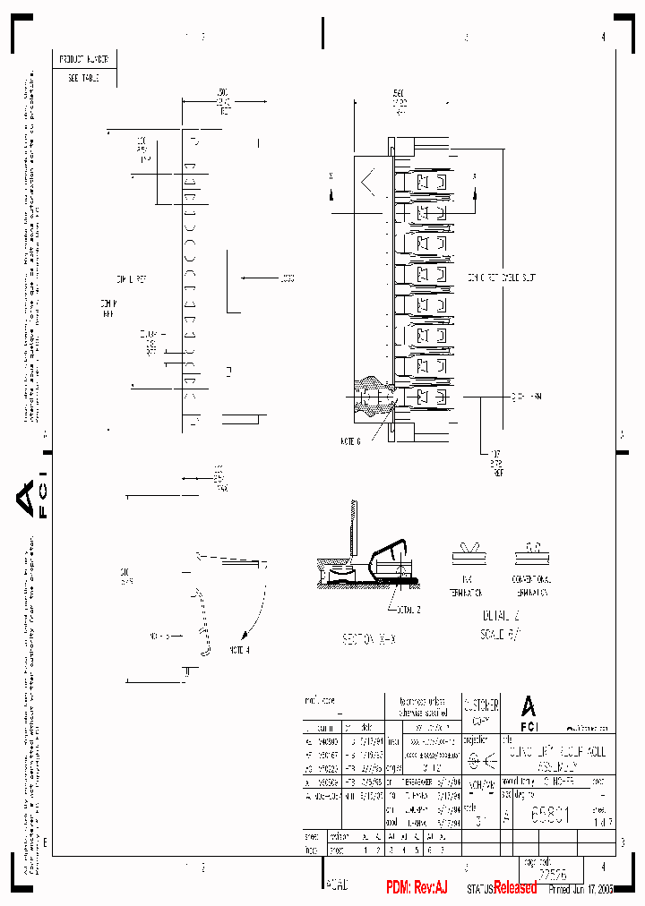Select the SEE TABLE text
[x=84, y=78]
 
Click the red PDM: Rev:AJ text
[x=417, y=887]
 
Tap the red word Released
[x=515, y=887]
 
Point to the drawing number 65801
[x=550, y=815]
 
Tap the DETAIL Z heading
[x=499, y=616]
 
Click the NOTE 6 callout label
[x=350, y=440]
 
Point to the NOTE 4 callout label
[x=239, y=650]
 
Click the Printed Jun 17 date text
[x=581, y=889]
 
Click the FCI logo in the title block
[x=529, y=711]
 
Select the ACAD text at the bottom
[x=337, y=885]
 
